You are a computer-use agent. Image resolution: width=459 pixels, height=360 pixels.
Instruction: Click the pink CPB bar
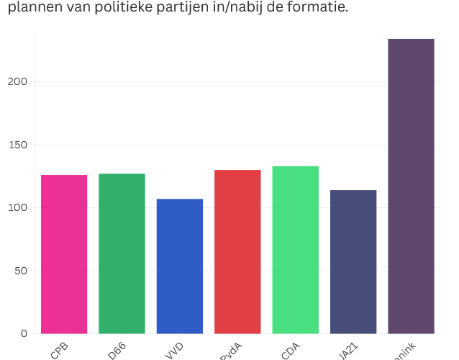64,254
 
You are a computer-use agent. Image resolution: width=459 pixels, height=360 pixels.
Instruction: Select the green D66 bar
122,253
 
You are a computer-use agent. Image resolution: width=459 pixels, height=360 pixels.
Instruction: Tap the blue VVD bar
180,266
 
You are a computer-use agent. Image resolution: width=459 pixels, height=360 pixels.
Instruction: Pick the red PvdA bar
237,252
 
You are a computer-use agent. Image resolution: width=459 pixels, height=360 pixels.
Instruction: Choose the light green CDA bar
295,250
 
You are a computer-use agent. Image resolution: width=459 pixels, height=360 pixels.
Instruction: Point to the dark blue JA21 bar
353,262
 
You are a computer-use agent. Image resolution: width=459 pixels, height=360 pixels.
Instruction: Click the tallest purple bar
411,186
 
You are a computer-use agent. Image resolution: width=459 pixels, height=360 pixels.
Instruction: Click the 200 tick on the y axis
18,82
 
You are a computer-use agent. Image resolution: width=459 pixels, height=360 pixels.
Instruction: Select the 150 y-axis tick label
18,145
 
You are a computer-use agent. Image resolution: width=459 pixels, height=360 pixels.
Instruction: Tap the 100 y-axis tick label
18,208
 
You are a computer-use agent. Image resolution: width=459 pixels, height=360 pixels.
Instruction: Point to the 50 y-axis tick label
21,271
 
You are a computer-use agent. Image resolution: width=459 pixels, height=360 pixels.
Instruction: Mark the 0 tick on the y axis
24,333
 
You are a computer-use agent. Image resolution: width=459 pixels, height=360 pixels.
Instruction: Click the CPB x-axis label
59,351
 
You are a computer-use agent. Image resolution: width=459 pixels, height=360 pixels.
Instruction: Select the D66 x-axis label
117,351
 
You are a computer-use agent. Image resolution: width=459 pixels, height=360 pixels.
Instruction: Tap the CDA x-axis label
291,351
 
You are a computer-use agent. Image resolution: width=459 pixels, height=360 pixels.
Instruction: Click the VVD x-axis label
175,351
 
